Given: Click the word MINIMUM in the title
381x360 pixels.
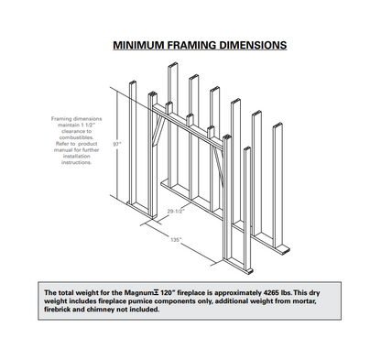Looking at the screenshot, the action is [138, 45].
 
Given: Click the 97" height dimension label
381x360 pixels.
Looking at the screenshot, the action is [117, 144].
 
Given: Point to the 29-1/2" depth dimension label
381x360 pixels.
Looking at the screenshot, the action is [176, 211].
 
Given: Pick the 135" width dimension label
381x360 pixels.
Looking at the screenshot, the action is [176, 240].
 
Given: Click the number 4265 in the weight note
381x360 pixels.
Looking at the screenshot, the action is [271, 293].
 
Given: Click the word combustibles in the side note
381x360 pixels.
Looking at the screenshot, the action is [76, 137].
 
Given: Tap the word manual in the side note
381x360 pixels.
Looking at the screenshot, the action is [63, 150].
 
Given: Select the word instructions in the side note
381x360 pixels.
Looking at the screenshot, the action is [76, 162].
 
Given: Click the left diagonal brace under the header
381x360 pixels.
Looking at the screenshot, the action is [158, 130].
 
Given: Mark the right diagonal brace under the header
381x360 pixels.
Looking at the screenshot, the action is [218, 167].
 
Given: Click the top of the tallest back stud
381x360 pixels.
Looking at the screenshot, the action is [173, 64].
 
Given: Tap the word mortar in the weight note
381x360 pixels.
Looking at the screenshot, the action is [304, 301].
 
